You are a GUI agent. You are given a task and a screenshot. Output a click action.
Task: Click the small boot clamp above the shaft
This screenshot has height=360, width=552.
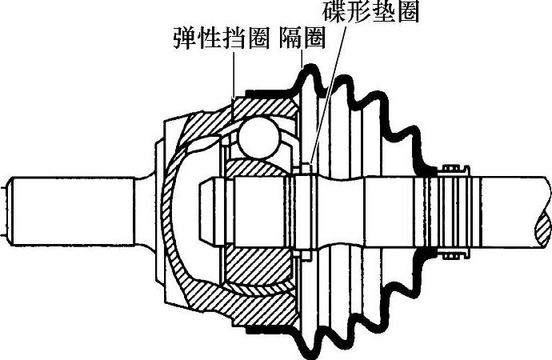455,169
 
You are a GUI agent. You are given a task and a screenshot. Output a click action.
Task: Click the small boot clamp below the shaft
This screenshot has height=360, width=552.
454,254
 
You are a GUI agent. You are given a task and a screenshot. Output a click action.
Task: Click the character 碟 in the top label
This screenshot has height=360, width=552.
332,12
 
